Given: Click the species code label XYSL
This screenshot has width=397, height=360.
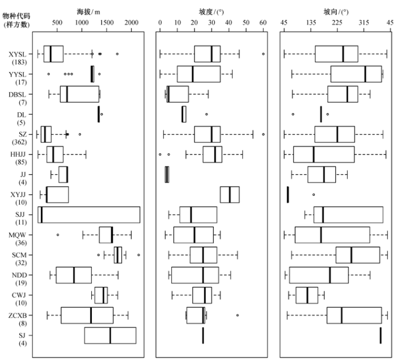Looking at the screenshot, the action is point(17,55).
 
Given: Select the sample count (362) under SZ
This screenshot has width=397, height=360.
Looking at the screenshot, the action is point(19,142).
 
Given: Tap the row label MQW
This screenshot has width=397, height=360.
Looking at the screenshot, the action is point(17,235).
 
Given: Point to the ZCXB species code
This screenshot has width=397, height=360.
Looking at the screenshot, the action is point(18,316).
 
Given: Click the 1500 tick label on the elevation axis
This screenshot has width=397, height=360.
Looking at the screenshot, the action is point(107,23).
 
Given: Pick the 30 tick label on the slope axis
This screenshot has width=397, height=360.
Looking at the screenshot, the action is point(212,23).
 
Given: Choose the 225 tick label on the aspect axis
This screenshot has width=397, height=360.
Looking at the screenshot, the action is point(337,23).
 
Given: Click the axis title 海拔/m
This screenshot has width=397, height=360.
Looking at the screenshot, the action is point(88,12).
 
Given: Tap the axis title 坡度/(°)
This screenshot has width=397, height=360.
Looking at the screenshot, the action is point(212,12).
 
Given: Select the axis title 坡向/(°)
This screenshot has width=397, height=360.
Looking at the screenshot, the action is point(336,12).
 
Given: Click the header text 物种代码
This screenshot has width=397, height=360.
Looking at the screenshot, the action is point(16,16).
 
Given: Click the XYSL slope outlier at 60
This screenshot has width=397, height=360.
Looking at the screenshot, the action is point(263,54).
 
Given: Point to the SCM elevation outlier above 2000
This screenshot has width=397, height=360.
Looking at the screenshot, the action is point(138,255).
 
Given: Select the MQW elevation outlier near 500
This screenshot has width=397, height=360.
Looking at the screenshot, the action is point(58,235).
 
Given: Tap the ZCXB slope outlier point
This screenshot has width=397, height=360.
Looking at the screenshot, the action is point(238,315).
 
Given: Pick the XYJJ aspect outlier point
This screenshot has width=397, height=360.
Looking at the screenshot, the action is point(314,195).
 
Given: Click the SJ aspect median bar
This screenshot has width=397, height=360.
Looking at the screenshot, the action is point(381,336).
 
